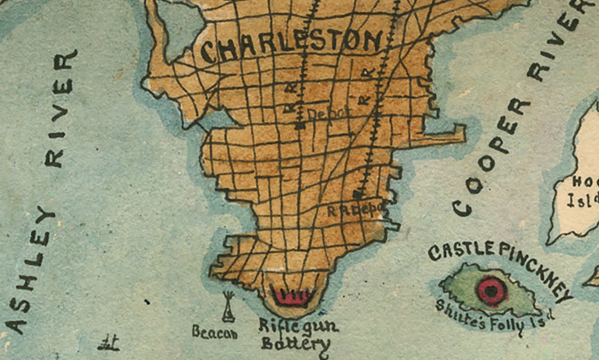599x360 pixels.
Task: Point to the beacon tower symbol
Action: [x=227, y=307]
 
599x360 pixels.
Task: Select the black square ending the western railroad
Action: [x=300, y=126]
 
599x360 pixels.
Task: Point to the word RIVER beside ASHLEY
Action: [x=62, y=109]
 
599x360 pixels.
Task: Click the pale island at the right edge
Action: [x=579, y=177]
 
